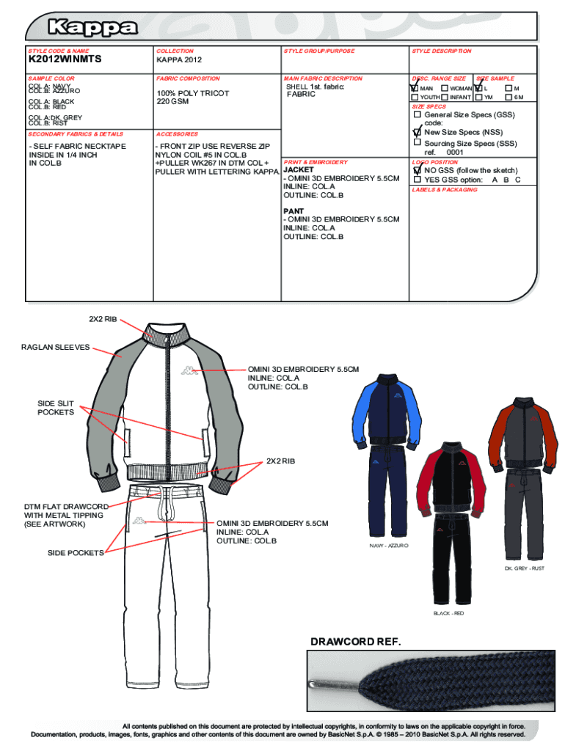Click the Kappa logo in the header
tap(92, 29)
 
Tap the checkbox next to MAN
tap(415, 88)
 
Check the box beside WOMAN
tap(445, 88)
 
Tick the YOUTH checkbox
tap(415, 97)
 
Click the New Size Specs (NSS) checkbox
tap(418, 133)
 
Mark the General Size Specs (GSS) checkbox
tap(418, 115)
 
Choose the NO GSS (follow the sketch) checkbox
tap(418, 170)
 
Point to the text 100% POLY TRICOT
tap(192, 93)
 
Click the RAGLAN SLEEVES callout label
tap(54, 347)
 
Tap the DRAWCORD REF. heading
tap(356, 642)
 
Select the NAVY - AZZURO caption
tap(389, 546)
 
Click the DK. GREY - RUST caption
tap(524, 568)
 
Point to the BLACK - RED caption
tap(448, 613)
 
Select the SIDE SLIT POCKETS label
tap(56, 408)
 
